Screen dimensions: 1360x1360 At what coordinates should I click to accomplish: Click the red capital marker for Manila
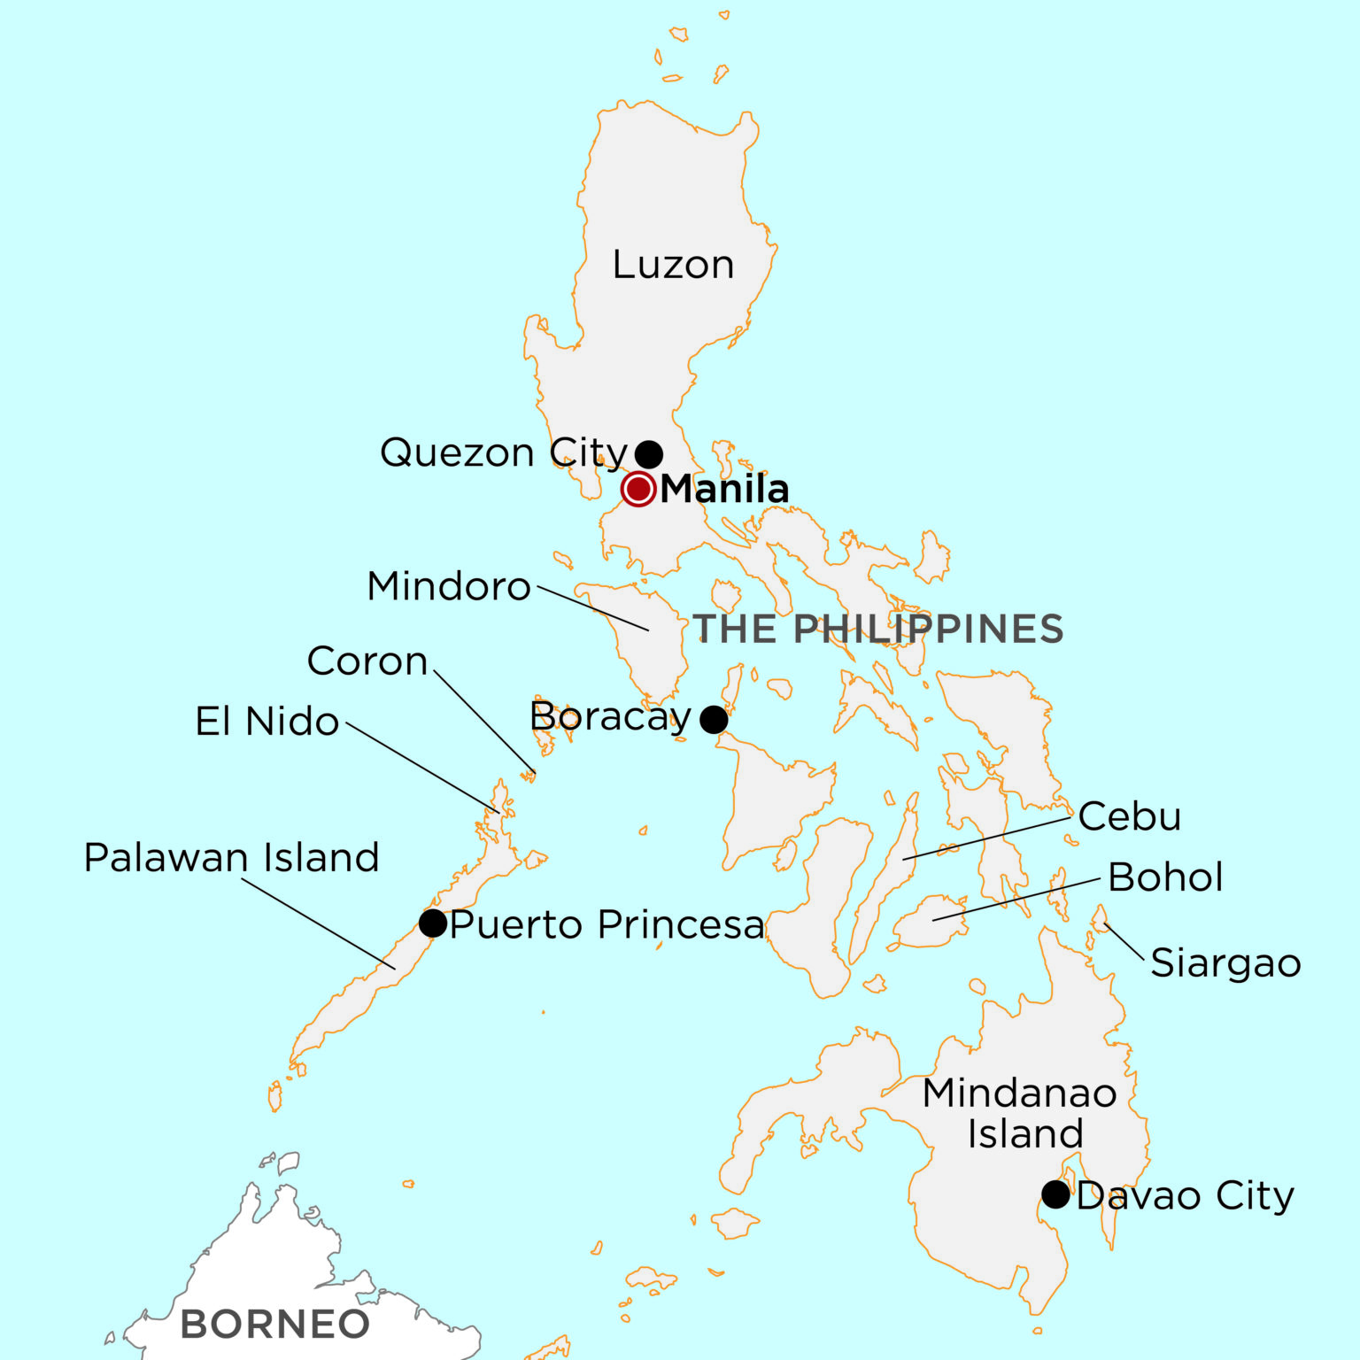pyautogui.click(x=637, y=489)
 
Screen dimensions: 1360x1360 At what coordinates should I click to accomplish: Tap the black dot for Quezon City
pyautogui.click(x=649, y=454)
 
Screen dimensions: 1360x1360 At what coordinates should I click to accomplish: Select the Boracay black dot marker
pyautogui.click(x=714, y=719)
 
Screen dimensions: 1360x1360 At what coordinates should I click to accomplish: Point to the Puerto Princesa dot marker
pyautogui.click(x=433, y=923)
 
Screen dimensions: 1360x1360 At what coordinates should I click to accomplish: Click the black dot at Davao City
pyautogui.click(x=1055, y=1194)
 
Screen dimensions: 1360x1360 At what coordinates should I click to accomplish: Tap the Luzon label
pyautogui.click(x=673, y=265)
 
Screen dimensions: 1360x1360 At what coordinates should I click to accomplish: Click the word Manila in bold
pyautogui.click(x=724, y=489)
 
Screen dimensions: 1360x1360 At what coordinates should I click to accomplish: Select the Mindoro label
pyautogui.click(x=449, y=586)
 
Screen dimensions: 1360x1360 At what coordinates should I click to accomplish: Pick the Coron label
pyautogui.click(x=367, y=661)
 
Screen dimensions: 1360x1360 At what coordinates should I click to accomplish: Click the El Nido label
pyautogui.click(x=267, y=722)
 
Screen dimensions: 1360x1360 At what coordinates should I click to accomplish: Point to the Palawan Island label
pyautogui.click(x=232, y=857)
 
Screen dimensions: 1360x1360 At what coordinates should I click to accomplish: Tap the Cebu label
pyautogui.click(x=1130, y=816)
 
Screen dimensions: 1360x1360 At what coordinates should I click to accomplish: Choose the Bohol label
pyautogui.click(x=1165, y=877)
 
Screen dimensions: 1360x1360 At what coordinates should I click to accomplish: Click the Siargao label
pyautogui.click(x=1225, y=963)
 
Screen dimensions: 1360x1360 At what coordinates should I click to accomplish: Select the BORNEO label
pyautogui.click(x=274, y=1325)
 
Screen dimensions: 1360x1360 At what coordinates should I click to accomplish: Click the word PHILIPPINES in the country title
pyautogui.click(x=928, y=629)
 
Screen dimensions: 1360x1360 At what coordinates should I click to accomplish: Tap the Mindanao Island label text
pyautogui.click(x=1020, y=1113)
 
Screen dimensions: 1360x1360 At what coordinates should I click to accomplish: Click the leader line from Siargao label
pyautogui.click(x=1124, y=942)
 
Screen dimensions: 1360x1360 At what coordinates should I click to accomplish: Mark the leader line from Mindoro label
pyautogui.click(x=593, y=608)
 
